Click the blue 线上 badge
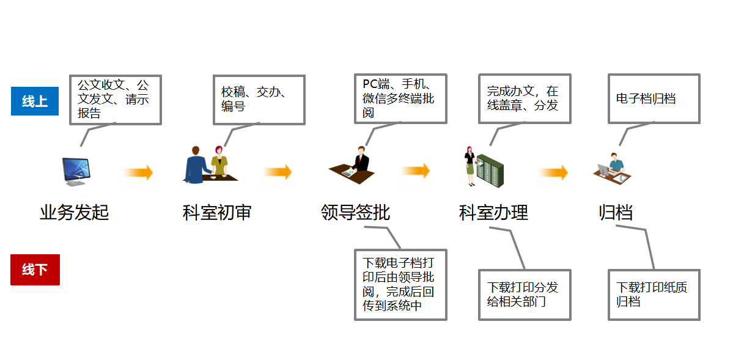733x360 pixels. (35, 101)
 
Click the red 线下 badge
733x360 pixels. (35, 270)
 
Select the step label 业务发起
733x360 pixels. (74, 213)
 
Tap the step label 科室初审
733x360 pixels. (217, 213)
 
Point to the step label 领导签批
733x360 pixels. (355, 213)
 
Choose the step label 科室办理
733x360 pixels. (493, 213)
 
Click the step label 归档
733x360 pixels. (616, 213)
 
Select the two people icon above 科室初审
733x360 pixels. (208, 165)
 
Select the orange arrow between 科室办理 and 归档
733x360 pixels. (553, 173)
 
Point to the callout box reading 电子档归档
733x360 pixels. (654, 99)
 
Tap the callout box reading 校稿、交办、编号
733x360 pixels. (258, 100)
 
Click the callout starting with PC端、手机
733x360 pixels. (400, 98)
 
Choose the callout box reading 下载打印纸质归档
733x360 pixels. (654, 295)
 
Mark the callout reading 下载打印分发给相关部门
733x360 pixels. (524, 295)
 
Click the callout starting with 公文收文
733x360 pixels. (115, 100)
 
